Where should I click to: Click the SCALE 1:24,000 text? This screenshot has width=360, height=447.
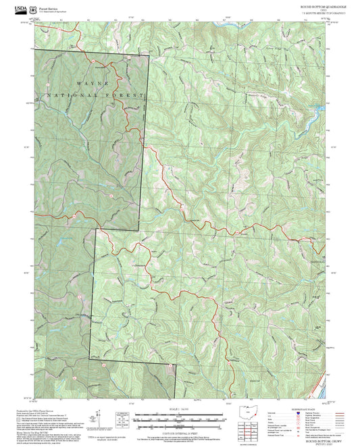pyautogui.click(x=179, y=410)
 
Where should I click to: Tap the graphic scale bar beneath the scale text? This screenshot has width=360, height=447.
pyautogui.click(x=179, y=418)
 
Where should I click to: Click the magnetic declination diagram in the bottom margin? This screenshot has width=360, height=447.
pyautogui.click(x=122, y=418)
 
